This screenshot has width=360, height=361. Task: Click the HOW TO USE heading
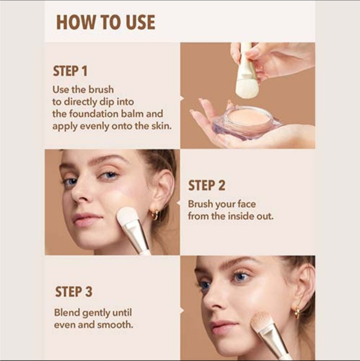coord(106,22)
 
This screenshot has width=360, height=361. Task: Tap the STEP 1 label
coord(70,71)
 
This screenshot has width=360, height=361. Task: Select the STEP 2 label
coord(206,186)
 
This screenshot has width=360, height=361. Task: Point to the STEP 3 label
coord(74,292)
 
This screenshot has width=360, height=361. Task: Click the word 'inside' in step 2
coord(241,216)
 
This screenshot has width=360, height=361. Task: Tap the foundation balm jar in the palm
coord(247,122)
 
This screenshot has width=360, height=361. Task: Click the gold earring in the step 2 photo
coord(155,214)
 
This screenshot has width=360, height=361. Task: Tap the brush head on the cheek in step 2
coord(127,216)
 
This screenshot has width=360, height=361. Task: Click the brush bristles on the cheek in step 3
coord(262,321)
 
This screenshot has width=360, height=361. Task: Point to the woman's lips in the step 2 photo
coord(87,219)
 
